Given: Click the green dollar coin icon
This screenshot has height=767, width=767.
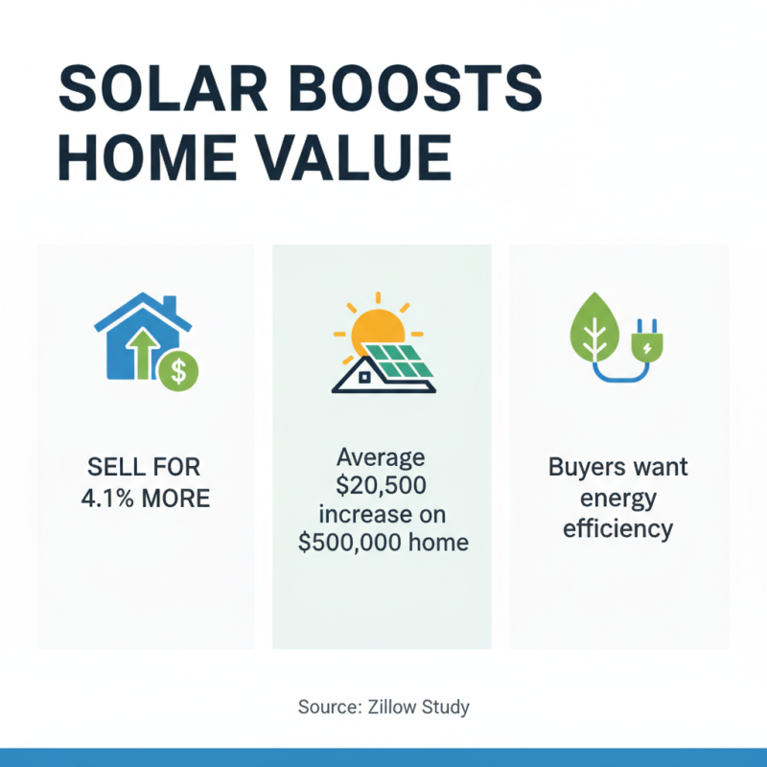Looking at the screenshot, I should click(x=176, y=371).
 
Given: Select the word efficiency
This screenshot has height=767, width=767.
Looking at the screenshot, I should click(x=617, y=528).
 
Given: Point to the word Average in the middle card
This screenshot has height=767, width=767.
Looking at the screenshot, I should click(x=382, y=457).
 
